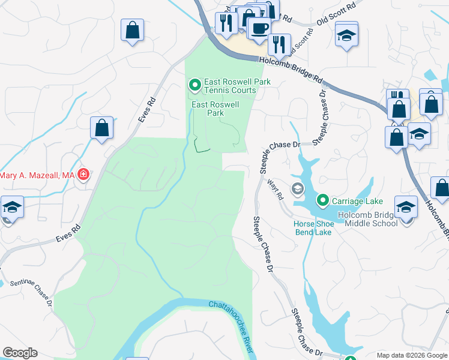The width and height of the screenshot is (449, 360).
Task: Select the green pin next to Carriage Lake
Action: click(x=323, y=199)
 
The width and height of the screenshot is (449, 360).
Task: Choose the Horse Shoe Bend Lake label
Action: click(x=312, y=228)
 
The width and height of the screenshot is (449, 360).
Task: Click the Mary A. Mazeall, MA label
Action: click(x=37, y=175)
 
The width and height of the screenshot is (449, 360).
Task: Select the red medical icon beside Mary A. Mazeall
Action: click(x=83, y=175)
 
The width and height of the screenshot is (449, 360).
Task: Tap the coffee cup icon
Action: click(x=259, y=28)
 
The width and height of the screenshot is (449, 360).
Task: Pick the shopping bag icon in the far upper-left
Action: click(x=132, y=31)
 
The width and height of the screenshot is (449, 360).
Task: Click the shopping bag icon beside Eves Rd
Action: click(x=102, y=128)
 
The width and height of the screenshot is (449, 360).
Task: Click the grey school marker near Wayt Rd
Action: click(x=297, y=190)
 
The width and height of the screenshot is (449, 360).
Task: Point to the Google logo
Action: click(x=20, y=353)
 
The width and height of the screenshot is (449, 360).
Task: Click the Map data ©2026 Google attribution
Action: click(x=412, y=355)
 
